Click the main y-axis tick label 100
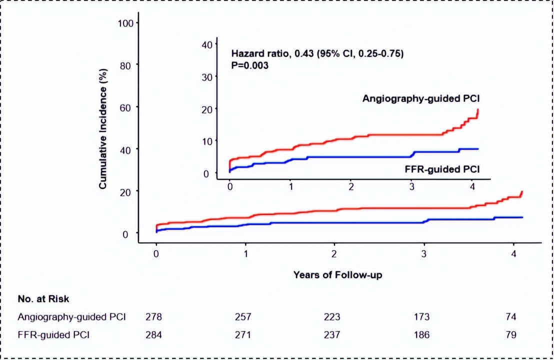click(124, 23)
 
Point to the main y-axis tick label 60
click(126, 107)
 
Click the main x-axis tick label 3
click(423, 253)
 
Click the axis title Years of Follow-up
click(337, 274)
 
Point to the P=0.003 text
click(250, 65)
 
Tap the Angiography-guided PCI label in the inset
click(421, 98)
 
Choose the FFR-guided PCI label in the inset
click(441, 169)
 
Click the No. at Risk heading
click(43, 299)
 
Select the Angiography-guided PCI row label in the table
click(71, 317)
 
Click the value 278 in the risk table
click(154, 317)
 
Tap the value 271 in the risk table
click(243, 334)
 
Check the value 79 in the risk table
click(511, 334)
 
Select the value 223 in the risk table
click(332, 317)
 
